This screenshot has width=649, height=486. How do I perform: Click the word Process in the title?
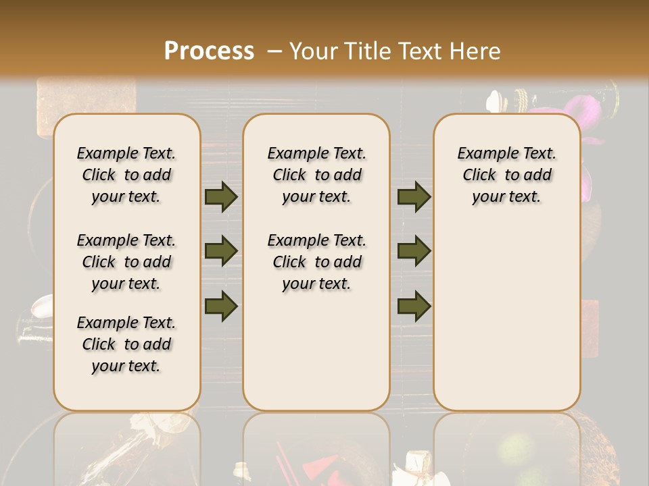209,51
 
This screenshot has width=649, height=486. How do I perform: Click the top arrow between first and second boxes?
221,197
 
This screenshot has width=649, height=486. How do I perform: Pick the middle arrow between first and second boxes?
221,251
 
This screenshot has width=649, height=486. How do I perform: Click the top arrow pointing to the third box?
414,197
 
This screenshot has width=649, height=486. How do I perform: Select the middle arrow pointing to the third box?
414,251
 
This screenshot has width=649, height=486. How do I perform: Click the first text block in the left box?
126,175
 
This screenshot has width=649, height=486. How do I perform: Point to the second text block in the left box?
126,262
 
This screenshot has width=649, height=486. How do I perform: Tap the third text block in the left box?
126,344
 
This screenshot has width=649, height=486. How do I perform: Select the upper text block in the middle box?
316,175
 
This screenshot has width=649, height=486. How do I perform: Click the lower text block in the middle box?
316,262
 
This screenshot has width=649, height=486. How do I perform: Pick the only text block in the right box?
506,175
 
